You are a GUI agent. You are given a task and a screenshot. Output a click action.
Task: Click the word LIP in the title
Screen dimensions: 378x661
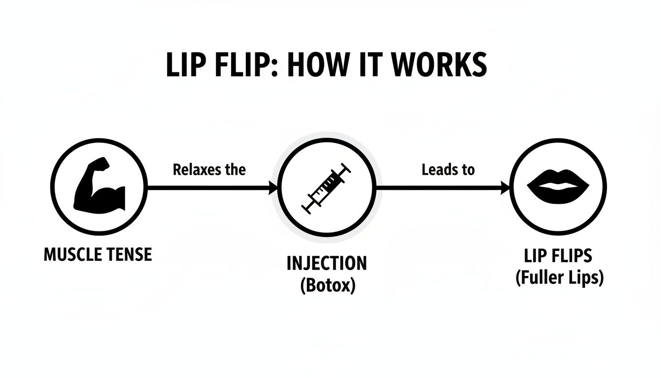pyautogui.click(x=184, y=65)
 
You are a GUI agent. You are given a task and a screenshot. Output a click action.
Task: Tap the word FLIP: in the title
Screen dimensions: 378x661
pyautogui.click(x=243, y=65)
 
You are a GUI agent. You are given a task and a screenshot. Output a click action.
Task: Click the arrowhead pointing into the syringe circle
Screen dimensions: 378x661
pyautogui.click(x=273, y=188)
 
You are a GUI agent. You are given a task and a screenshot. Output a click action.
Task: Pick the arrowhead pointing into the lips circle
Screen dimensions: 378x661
pyautogui.click(x=505, y=188)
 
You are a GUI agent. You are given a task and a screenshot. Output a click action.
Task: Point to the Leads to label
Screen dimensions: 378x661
pyautogui.click(x=448, y=170)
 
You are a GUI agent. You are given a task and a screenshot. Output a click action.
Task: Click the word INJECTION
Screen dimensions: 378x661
pyautogui.click(x=327, y=263)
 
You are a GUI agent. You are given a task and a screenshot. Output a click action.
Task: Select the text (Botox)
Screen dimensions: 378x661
pyautogui.click(x=327, y=286)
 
